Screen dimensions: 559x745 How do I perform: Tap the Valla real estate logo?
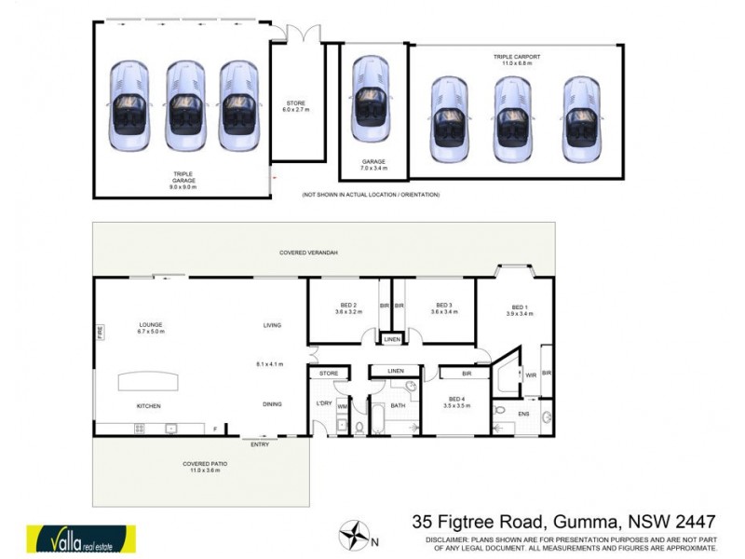coord(81,539)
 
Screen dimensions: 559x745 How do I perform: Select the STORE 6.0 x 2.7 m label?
coord(294,106)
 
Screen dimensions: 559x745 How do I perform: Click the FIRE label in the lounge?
coord(100,331)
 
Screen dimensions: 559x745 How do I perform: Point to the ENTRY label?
coord(260,444)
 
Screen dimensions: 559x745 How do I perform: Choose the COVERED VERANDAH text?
coord(308,252)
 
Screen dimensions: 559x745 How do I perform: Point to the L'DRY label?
coord(324,403)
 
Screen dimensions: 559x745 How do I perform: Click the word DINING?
coord(272,403)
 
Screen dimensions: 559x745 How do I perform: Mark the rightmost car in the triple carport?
coord(580,116)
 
